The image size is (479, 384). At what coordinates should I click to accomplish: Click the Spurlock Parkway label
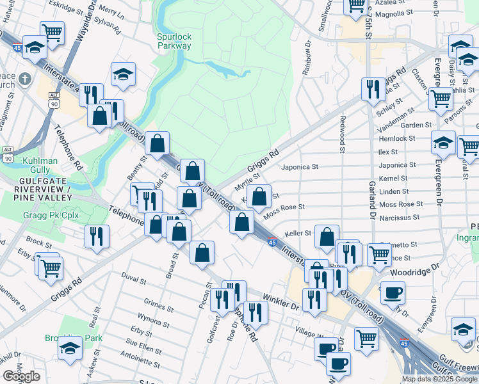[x=174, y=42]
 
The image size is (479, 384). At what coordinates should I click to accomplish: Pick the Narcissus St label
[x=398, y=217]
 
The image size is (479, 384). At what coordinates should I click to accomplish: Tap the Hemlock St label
[x=397, y=138]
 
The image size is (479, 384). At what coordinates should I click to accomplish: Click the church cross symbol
[x=25, y=79]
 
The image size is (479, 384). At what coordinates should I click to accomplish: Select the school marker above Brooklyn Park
[x=70, y=348]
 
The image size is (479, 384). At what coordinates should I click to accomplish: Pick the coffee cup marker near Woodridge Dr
[x=393, y=291]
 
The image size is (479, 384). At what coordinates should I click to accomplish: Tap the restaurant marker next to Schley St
[x=372, y=88]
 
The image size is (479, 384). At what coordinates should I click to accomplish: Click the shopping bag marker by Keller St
[x=327, y=237]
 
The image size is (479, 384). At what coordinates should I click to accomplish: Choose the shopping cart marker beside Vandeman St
[x=441, y=99]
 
